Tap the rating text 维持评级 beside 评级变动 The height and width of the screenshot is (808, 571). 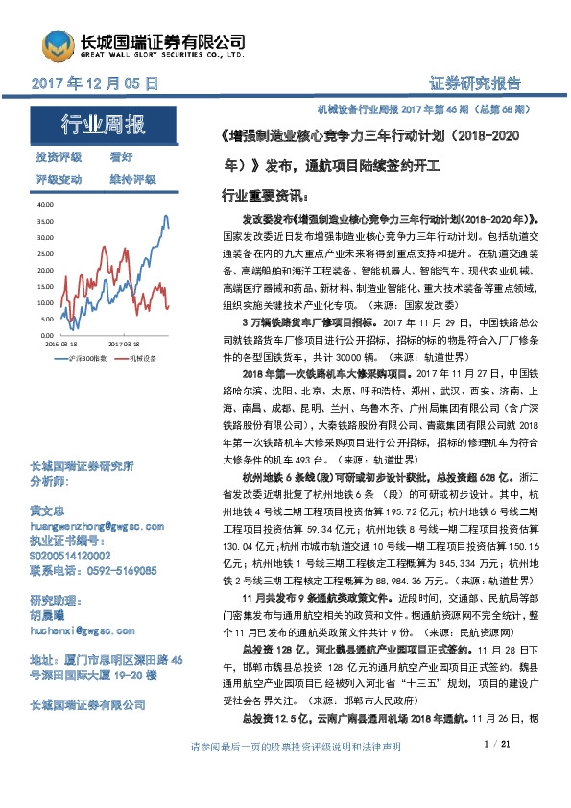point(132,178)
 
